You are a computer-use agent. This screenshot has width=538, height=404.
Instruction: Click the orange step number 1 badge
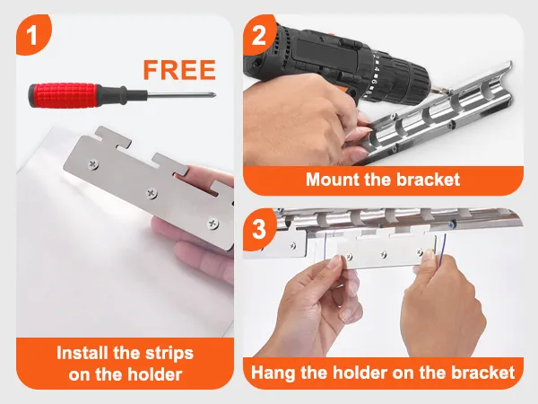coord(32,34)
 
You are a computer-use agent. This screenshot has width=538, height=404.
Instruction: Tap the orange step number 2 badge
coord(259,34)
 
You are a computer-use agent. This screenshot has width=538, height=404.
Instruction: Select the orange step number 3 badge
coord(259,229)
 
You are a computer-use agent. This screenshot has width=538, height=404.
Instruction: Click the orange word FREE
coord(179,70)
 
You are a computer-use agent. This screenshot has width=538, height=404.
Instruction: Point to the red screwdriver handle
coord(64,95)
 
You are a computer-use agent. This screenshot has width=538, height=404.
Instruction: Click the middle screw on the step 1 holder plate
coord(152,193)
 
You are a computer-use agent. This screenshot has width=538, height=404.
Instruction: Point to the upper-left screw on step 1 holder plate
coord(93,164)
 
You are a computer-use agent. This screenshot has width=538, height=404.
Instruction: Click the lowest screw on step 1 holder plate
coord(213,224)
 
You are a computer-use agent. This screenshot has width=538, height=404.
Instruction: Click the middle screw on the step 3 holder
coord(383,255)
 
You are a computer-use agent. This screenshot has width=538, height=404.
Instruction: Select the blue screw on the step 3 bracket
coord(452,224)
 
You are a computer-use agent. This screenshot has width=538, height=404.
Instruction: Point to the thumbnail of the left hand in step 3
coord(335,262)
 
